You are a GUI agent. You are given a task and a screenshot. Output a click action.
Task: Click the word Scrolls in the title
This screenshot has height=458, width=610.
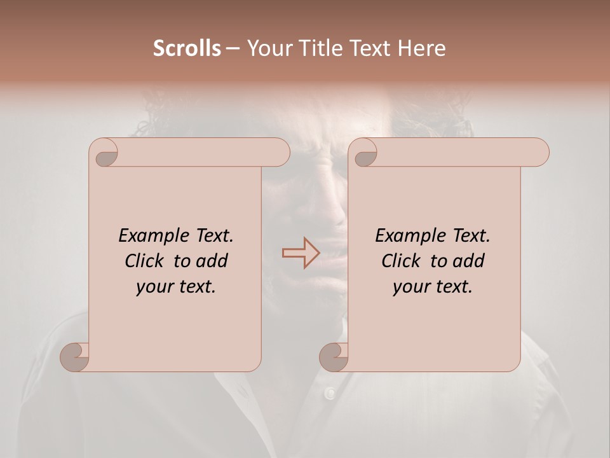click(187, 48)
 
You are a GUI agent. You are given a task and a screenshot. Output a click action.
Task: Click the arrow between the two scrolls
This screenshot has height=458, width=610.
click(301, 253)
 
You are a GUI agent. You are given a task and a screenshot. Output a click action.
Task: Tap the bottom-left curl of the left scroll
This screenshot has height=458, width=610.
click(75, 357)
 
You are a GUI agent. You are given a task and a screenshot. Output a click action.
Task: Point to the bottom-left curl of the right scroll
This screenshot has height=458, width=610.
click(334, 357)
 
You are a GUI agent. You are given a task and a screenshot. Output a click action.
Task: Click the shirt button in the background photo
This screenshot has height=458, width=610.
click(330, 394)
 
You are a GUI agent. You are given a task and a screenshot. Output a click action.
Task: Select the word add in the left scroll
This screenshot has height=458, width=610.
click(212, 261)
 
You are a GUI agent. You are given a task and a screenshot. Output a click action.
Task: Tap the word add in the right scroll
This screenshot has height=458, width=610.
click(469, 261)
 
